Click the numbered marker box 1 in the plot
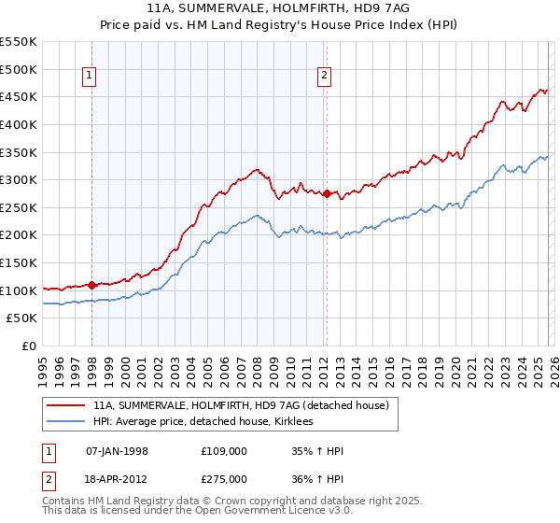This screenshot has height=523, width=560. point(91,77)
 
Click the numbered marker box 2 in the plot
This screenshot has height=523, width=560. point(325,77)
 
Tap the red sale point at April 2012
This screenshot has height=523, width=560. point(327,194)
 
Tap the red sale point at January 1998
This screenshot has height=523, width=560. point(91,285)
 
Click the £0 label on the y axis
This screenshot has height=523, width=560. point(30,346)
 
